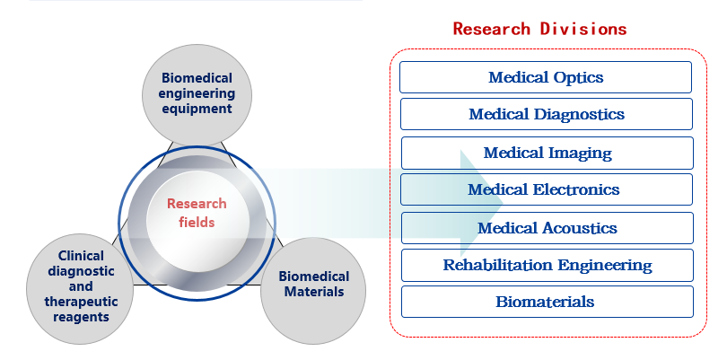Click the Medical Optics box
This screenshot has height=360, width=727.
click(546, 77)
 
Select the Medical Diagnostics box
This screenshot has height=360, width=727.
click(546, 114)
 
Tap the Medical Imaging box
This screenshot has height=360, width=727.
click(547, 153)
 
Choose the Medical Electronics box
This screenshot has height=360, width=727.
click(547, 189)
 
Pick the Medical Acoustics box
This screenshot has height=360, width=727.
click(547, 228)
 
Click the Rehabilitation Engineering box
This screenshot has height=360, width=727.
click(547, 265)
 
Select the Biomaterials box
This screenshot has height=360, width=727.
click(547, 302)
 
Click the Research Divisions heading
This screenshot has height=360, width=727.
click(539, 29)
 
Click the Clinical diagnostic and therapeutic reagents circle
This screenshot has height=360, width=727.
click(81, 286)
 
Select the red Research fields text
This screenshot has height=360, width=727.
click(197, 213)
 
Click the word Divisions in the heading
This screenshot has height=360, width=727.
click(584, 29)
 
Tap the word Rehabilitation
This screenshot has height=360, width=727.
click(496, 265)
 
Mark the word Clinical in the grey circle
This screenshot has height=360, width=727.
click(82, 256)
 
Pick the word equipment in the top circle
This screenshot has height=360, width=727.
click(197, 110)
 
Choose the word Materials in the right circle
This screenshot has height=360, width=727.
click(313, 292)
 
